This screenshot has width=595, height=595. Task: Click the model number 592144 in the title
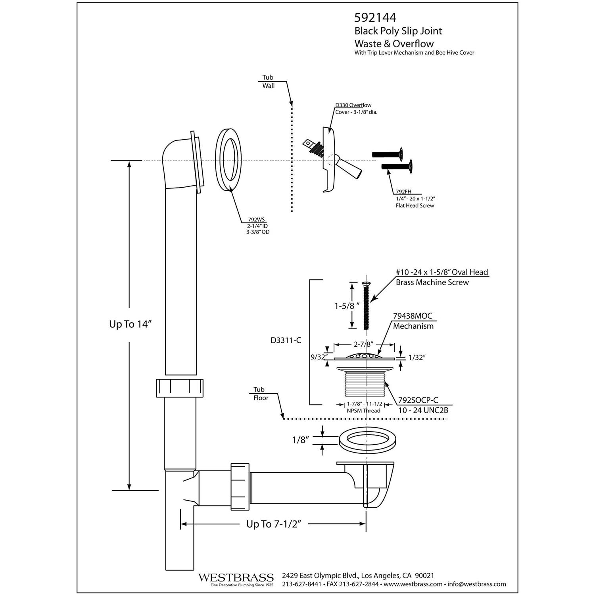375,18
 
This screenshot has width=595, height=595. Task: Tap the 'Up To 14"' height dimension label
131,324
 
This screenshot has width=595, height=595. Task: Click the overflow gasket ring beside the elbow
229,160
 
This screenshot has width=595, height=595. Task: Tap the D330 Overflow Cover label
353,105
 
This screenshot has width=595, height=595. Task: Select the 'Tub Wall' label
268,81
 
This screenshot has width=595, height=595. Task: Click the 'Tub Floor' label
260,393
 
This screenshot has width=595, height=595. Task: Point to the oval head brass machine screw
366,305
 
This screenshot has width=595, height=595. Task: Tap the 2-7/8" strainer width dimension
364,345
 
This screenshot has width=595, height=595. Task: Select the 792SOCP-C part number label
418,400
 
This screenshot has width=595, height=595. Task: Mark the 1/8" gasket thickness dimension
300,440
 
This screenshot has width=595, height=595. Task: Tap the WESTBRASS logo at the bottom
236,577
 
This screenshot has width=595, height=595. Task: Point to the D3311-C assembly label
286,340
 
